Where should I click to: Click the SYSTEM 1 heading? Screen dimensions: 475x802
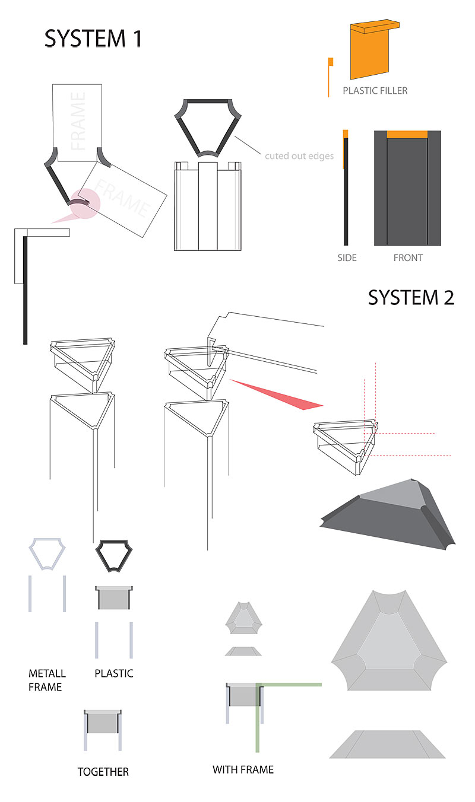93,39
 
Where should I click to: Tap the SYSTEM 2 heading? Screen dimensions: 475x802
411,298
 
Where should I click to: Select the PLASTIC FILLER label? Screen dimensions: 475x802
375,91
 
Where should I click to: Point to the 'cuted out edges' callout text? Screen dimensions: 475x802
299,156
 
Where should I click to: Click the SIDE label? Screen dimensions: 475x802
347,258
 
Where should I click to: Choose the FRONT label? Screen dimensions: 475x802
408,258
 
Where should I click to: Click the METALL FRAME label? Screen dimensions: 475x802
47,680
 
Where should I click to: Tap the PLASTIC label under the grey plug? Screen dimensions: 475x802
113,673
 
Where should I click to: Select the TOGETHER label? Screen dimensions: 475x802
103,772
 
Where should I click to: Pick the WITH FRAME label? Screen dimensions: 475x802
243,769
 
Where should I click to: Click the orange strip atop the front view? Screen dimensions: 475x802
407,134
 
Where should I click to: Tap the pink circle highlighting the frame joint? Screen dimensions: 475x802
84,203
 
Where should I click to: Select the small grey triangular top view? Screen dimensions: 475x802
244,618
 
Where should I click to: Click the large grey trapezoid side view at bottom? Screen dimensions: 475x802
387,744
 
